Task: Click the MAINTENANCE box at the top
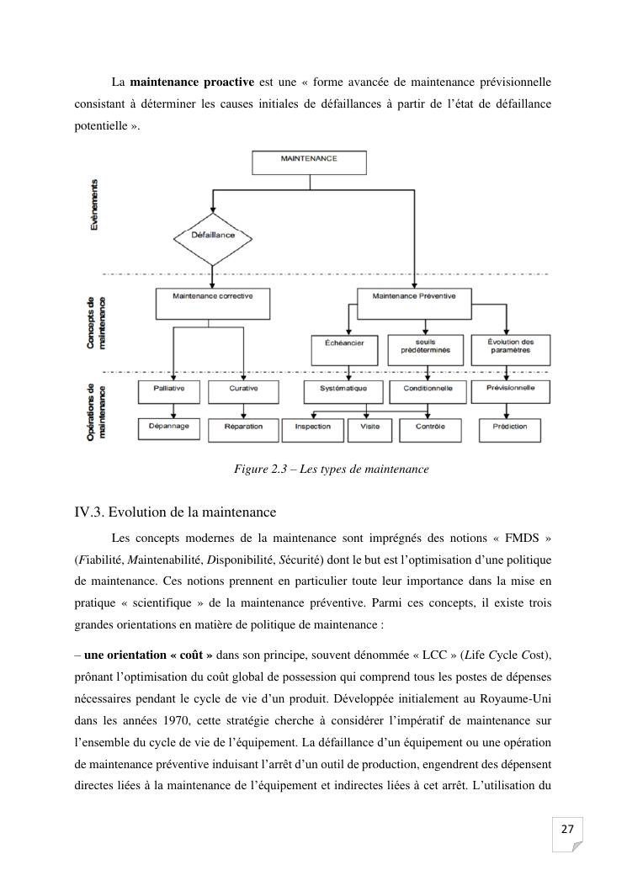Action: pos(309,162)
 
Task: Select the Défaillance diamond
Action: pos(213,236)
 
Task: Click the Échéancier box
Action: pos(340,349)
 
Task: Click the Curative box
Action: pos(243,391)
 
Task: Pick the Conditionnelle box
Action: pos(428,391)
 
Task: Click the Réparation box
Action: pos(243,429)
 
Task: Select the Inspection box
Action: pos(312,429)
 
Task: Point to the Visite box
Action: pos(369,429)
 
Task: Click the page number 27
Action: pos(566,830)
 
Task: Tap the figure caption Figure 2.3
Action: pos(331,469)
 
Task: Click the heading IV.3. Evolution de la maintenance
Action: pos(175,512)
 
